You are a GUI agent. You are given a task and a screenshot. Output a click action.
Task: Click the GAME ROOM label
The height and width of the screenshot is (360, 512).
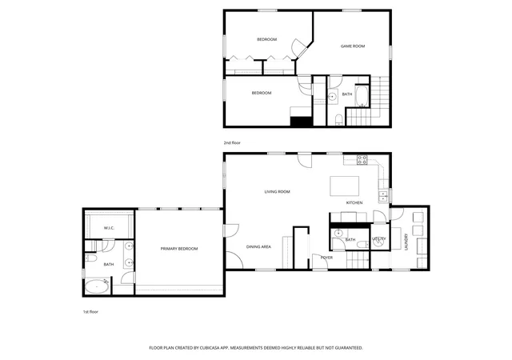click(353, 46)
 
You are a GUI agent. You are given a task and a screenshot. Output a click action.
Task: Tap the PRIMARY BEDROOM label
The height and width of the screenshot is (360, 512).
click(179, 249)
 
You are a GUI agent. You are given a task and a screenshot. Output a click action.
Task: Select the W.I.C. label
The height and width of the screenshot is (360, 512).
click(109, 228)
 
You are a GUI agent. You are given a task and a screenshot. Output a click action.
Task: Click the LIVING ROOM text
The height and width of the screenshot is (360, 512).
click(278, 192)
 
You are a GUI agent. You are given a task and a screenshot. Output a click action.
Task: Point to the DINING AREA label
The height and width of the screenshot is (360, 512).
click(258, 247)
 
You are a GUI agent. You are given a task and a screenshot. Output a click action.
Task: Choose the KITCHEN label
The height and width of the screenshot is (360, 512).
click(354, 203)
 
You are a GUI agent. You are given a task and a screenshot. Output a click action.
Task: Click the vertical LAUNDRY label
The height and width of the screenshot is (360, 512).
click(406, 242)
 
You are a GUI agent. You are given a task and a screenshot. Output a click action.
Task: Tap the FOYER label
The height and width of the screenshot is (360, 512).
click(326, 258)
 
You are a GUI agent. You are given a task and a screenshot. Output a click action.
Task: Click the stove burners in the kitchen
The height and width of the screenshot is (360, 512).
click(362, 160)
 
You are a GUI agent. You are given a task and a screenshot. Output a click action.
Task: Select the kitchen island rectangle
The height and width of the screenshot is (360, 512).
click(345, 186)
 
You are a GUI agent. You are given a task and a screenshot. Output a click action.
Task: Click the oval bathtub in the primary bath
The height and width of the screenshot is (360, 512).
click(97, 286)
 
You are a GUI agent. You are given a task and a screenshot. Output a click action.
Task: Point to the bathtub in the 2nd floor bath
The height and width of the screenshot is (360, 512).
click(362, 96)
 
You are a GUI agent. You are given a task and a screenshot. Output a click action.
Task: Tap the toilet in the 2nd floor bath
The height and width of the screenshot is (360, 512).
click(339, 119)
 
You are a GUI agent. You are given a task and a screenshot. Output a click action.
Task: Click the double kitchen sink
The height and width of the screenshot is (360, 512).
click(382, 196)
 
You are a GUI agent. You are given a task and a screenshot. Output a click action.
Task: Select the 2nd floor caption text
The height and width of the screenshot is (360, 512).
click(232, 142)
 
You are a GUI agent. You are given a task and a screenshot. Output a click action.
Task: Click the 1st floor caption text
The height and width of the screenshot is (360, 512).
click(90, 312)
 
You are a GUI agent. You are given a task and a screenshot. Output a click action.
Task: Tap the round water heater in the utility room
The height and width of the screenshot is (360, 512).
click(378, 242)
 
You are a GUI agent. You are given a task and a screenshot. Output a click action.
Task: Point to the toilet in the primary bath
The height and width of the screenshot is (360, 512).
click(90, 259)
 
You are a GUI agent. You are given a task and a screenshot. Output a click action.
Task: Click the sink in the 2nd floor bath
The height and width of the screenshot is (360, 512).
click(333, 97)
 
